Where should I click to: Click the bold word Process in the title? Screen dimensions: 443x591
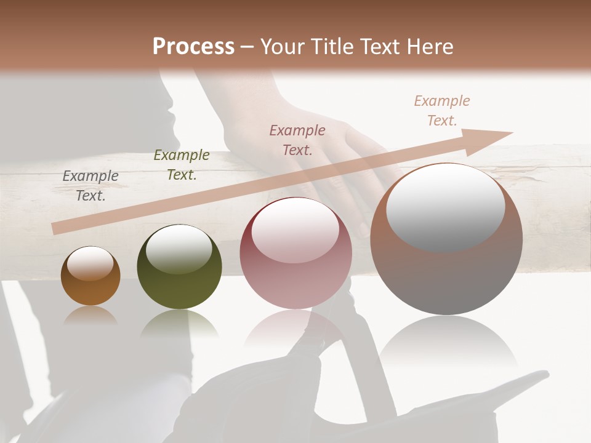click(193, 47)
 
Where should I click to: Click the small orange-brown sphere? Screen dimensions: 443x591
click(90, 276)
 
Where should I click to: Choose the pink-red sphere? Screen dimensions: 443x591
click(296, 253)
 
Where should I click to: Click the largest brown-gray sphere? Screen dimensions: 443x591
click(446, 240)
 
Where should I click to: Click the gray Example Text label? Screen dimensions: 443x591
click(90, 186)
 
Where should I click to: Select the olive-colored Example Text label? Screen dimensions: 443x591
click(181, 165)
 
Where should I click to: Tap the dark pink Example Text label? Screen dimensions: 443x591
click(297, 140)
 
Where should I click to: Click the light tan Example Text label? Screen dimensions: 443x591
click(442, 111)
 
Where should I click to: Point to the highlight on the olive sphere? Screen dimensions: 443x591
click(179, 248)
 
